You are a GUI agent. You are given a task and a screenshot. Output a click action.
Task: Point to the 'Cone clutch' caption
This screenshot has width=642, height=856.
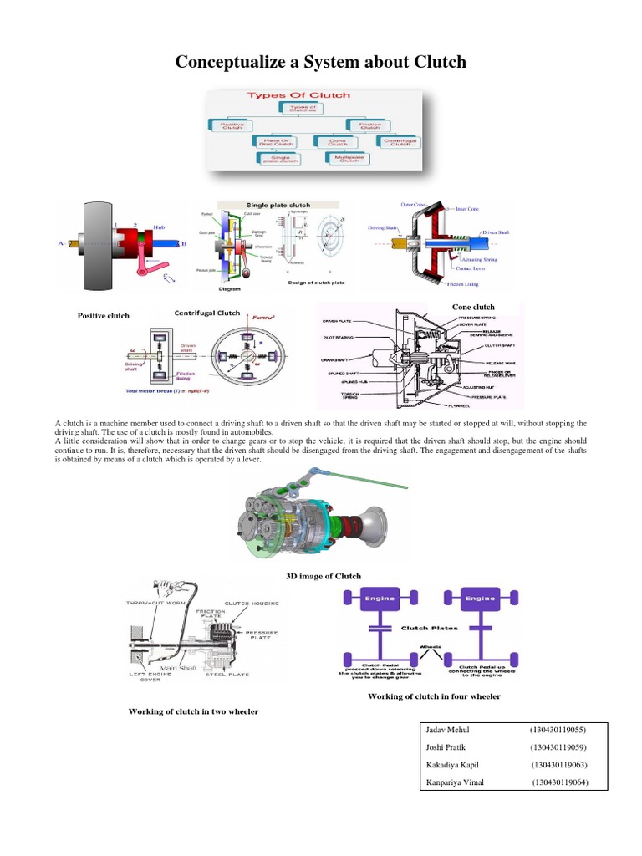(473, 307)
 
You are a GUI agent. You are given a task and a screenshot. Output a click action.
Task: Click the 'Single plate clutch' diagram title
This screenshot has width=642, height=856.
(277, 205)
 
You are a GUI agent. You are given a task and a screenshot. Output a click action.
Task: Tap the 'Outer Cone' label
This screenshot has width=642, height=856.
(414, 203)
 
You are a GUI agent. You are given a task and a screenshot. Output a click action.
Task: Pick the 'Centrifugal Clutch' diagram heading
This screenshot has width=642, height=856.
(206, 313)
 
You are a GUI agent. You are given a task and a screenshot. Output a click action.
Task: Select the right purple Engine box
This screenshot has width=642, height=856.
(480, 599)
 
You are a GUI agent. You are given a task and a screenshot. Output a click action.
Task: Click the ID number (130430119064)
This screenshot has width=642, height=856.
(561, 782)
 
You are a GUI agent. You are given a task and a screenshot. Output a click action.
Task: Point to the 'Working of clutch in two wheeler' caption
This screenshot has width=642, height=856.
(192, 711)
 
